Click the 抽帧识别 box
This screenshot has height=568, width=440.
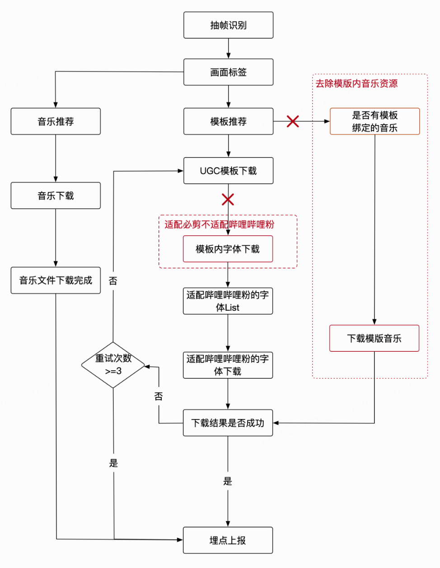[x=228, y=25]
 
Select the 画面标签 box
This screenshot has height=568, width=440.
[x=228, y=72]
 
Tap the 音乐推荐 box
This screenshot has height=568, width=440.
[x=56, y=121]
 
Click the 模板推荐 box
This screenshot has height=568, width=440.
[x=228, y=121]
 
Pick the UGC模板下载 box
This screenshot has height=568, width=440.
[x=228, y=171]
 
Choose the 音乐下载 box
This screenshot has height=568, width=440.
[x=56, y=196]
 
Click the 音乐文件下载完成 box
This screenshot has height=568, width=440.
[x=56, y=280]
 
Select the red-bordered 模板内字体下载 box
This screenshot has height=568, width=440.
[x=228, y=249]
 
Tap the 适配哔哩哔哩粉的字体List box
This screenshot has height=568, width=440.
[x=228, y=301]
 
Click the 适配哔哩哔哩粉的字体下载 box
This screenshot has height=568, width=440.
[x=228, y=365]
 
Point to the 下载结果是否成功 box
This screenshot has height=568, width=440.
[x=228, y=423]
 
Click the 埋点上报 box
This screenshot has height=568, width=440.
[x=228, y=540]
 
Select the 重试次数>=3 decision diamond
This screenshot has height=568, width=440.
[x=113, y=365]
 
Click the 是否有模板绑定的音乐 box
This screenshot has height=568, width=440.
[x=374, y=121]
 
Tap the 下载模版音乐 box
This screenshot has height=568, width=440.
[x=374, y=338]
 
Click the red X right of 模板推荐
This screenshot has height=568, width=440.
[x=293, y=121]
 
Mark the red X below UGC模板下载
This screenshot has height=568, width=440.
[x=228, y=199]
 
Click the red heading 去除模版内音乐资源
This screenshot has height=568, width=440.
[x=356, y=84]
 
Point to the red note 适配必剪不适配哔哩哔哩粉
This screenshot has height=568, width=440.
[x=219, y=224]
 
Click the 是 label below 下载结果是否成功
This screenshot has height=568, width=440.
[x=228, y=481]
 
